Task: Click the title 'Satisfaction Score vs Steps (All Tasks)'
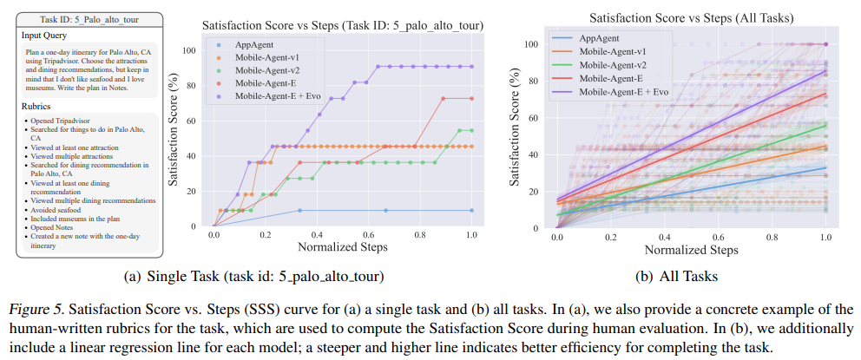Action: [x=693, y=16]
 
